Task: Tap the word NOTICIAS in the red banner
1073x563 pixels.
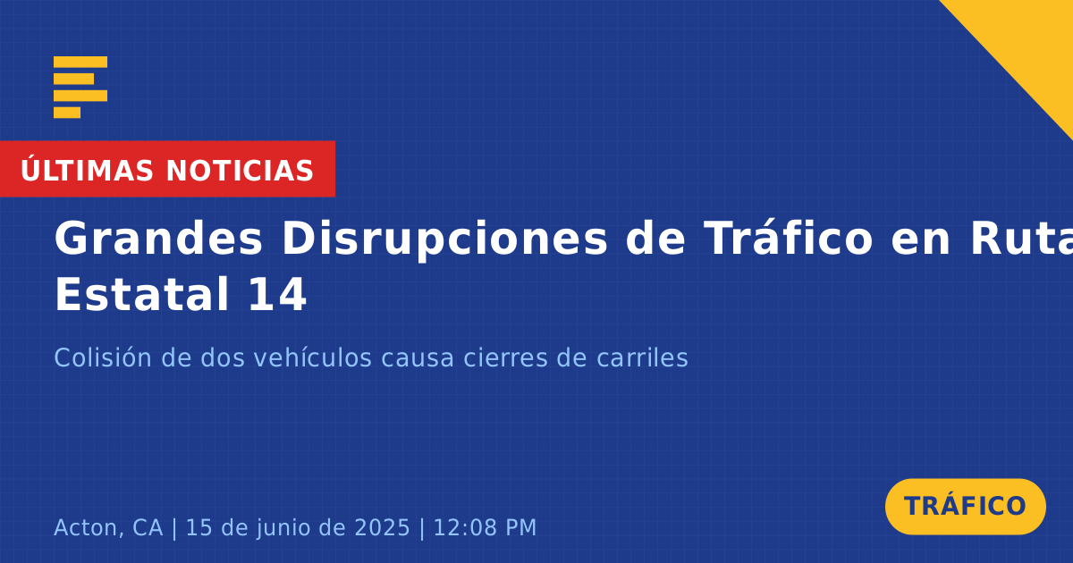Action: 240,171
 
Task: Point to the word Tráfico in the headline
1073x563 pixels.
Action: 788,238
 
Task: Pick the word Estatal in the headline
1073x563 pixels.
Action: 142,294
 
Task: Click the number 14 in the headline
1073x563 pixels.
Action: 277,294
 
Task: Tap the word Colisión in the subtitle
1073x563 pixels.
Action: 103,357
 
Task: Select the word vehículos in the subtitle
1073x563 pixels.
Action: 313,357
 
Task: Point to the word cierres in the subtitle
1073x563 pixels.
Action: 505,357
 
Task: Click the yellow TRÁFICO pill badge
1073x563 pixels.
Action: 965,507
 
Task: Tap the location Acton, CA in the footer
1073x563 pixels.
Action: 108,528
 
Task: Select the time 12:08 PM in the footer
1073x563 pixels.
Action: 485,527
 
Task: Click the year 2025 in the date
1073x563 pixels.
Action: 383,527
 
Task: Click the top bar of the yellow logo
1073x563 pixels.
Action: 80,62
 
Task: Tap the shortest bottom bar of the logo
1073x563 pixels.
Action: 67,113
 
